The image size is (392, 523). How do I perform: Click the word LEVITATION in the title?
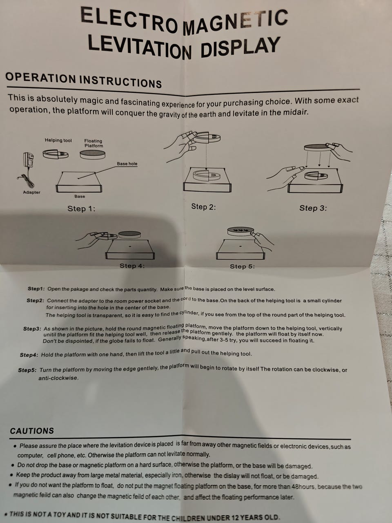[140, 47]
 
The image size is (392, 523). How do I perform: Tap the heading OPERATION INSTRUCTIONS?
[84, 80]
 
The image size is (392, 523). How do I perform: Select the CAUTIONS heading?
[32, 431]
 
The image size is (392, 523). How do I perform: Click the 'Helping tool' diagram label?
[58, 140]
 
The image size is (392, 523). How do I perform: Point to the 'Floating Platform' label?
[94, 143]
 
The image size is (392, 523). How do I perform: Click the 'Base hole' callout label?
[127, 164]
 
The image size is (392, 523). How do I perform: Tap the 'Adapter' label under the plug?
[32, 192]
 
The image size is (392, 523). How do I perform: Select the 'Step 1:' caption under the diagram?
[81, 208]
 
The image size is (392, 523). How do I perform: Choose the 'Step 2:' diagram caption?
[203, 207]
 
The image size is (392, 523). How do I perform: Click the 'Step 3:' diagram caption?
[313, 208]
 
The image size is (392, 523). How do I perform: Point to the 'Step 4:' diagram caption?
[132, 266]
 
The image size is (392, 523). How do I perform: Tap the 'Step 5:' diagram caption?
[242, 266]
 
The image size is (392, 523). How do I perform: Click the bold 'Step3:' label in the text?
[32, 329]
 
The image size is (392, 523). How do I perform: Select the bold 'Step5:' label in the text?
[27, 370]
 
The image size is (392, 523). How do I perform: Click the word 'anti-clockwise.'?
[58, 378]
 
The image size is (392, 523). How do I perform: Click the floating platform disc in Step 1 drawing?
[93, 154]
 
